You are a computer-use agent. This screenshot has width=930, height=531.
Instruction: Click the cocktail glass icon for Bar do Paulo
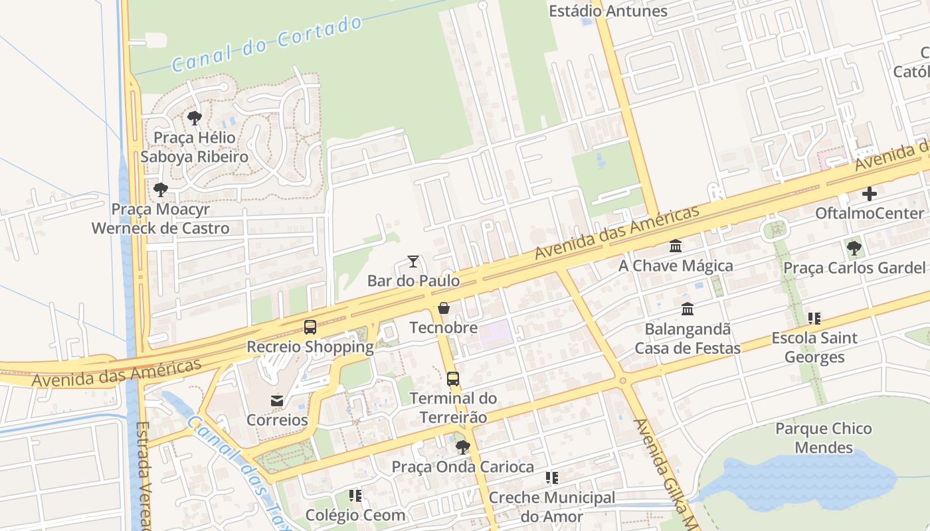pyautogui.click(x=413, y=262)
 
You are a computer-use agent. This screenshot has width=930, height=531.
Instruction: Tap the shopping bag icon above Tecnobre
pyautogui.click(x=444, y=308)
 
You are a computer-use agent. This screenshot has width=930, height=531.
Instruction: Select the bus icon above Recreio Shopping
pyautogui.click(x=310, y=327)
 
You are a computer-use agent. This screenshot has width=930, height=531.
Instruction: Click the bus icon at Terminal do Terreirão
pyautogui.click(x=453, y=379)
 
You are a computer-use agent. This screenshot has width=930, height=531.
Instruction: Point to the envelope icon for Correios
pyautogui.click(x=277, y=401)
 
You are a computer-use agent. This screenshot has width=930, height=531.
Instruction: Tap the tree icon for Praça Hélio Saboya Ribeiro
pyautogui.click(x=194, y=118)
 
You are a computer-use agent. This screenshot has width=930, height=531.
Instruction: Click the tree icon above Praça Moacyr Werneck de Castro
pyautogui.click(x=160, y=190)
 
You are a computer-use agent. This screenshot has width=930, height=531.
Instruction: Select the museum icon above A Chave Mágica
pyautogui.click(x=676, y=246)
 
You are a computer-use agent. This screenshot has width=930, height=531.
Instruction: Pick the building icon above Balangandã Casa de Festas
pyautogui.click(x=688, y=309)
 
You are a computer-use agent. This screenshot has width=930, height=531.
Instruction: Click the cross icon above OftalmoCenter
pyautogui.click(x=870, y=194)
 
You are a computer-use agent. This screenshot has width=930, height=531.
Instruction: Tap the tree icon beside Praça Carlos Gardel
pyautogui.click(x=854, y=249)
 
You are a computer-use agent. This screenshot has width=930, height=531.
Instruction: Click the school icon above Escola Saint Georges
pyautogui.click(x=814, y=319)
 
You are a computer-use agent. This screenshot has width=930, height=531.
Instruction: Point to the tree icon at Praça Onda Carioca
pyautogui.click(x=463, y=447)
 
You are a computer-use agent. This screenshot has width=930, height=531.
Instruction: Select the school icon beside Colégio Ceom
pyautogui.click(x=355, y=496)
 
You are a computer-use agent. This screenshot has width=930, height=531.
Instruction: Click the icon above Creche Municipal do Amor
pyautogui.click(x=552, y=478)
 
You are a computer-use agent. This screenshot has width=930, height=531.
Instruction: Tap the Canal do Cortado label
pyautogui.click(x=267, y=44)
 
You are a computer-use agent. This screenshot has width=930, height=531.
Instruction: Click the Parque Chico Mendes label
pyautogui.click(x=824, y=438)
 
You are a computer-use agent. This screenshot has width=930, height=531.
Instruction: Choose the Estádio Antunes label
pyautogui.click(x=608, y=11)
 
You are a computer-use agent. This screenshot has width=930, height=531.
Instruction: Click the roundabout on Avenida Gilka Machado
pyautogui.click(x=622, y=380)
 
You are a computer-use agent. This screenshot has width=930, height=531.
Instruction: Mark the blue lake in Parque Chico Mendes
pyautogui.click(x=797, y=478)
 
